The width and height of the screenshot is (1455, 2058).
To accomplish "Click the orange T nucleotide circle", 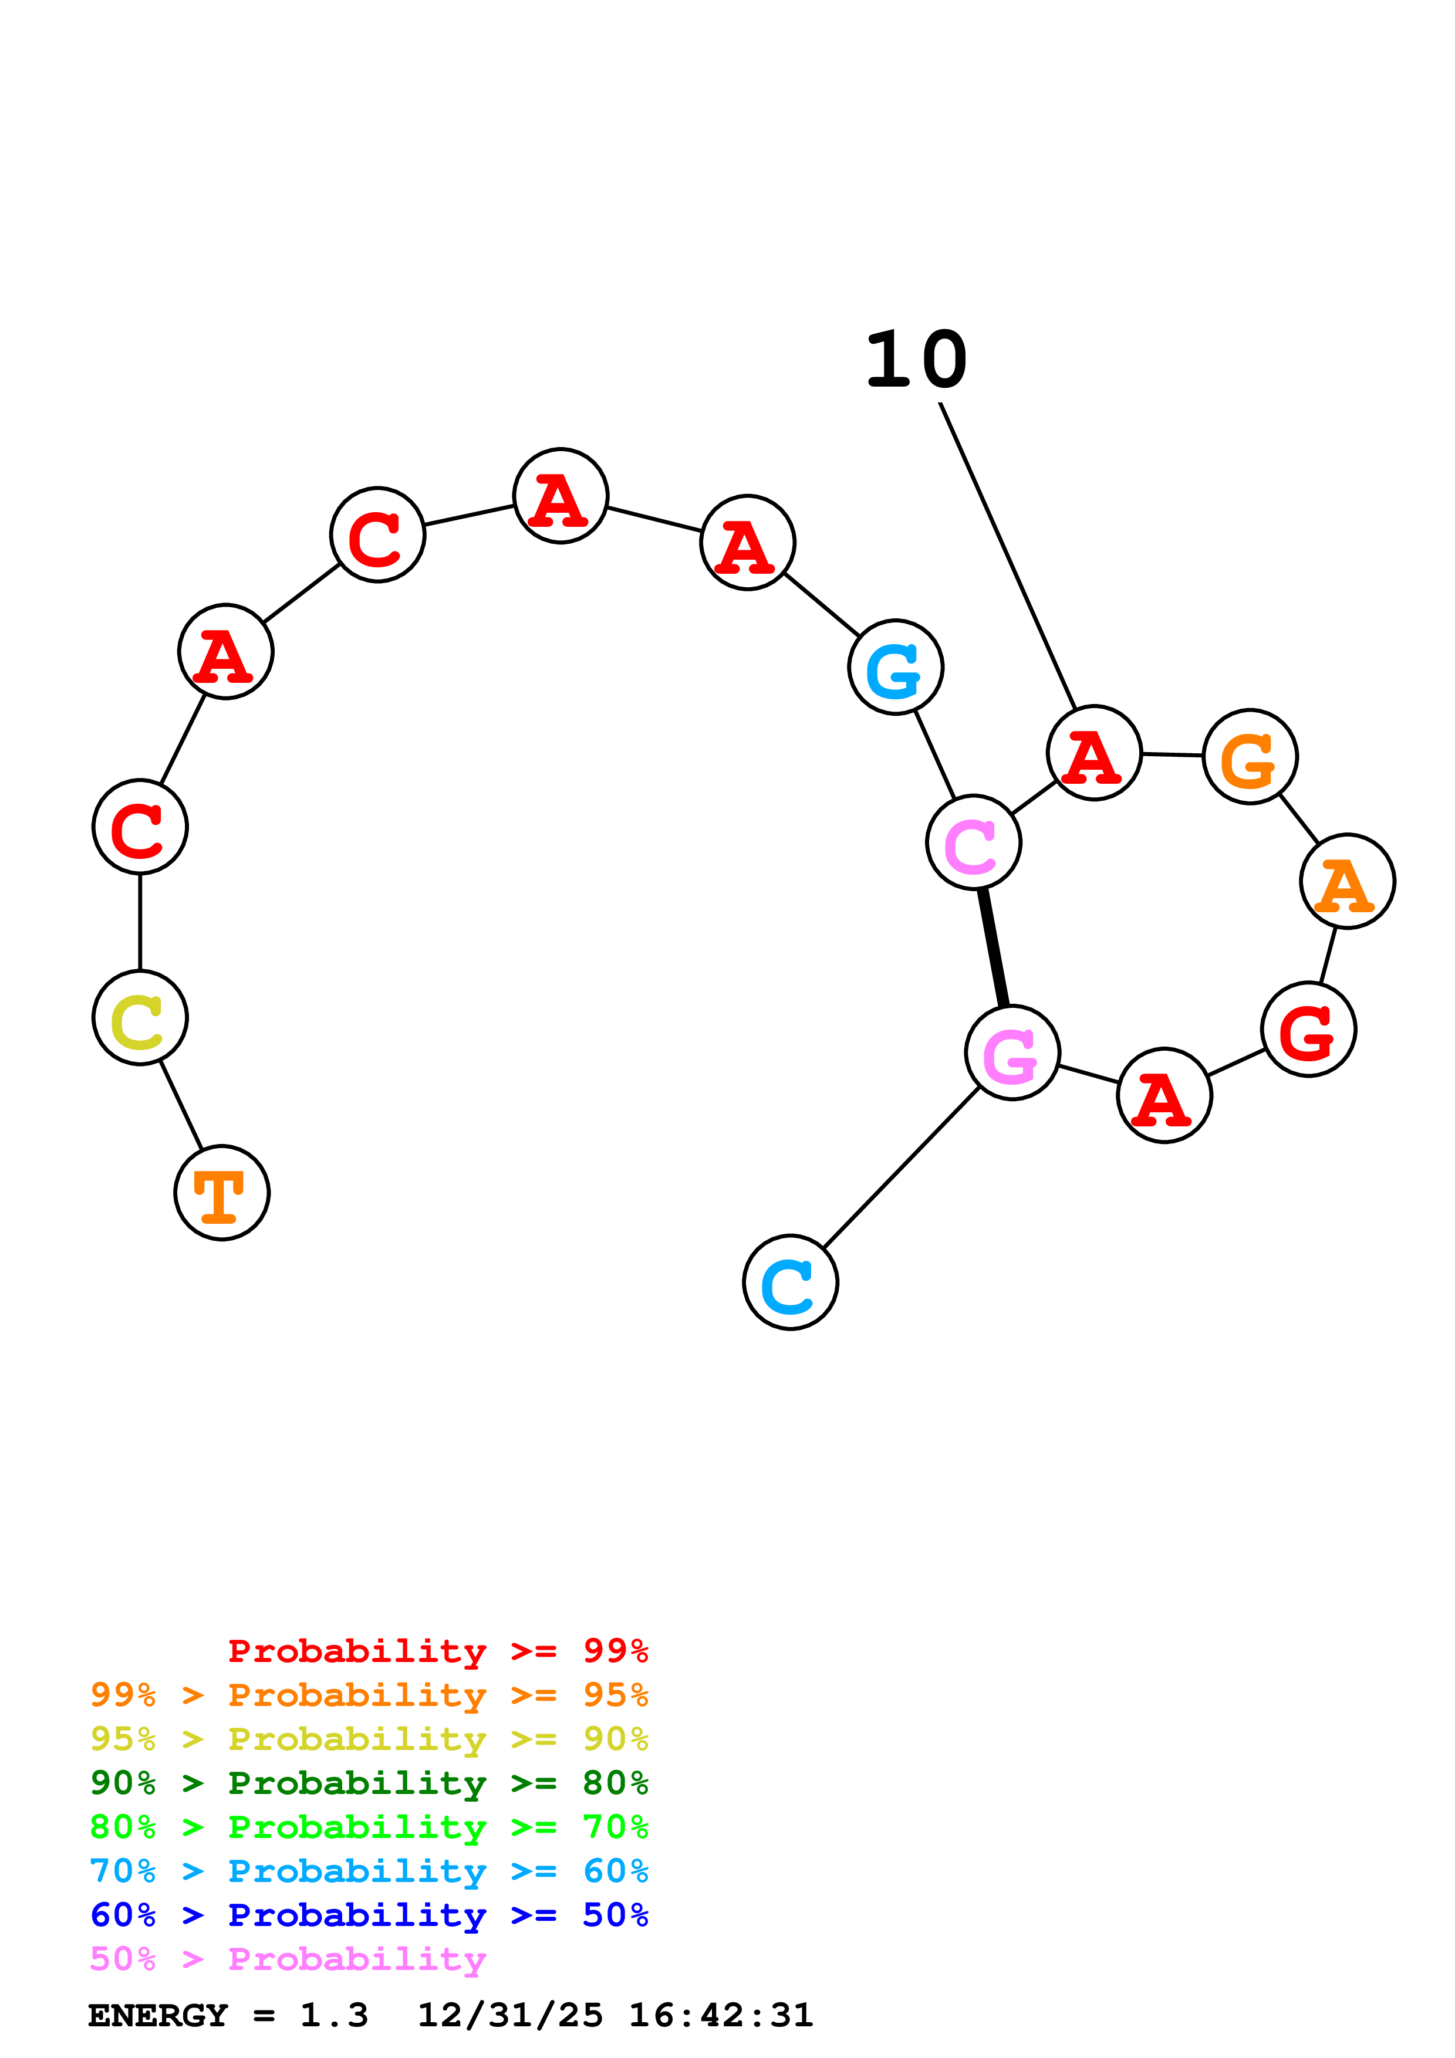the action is click(221, 1193).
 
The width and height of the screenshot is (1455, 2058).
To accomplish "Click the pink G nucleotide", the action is click(1012, 1052).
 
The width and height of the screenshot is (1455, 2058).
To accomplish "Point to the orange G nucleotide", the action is click(1250, 757).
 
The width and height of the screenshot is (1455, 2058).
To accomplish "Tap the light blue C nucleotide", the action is click(790, 1282).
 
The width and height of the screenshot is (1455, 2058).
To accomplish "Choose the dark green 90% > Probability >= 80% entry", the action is click(369, 1783).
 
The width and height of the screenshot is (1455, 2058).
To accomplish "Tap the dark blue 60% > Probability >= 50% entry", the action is click(369, 1915).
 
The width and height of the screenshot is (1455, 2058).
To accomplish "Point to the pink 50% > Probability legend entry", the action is click(288, 1959).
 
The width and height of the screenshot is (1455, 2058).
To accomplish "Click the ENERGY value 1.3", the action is click(333, 2016).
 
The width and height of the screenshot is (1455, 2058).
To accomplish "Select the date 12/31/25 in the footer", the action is click(509, 2016).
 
